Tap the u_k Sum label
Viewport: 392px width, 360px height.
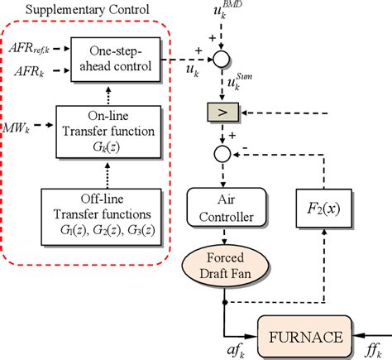pos(242,83)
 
